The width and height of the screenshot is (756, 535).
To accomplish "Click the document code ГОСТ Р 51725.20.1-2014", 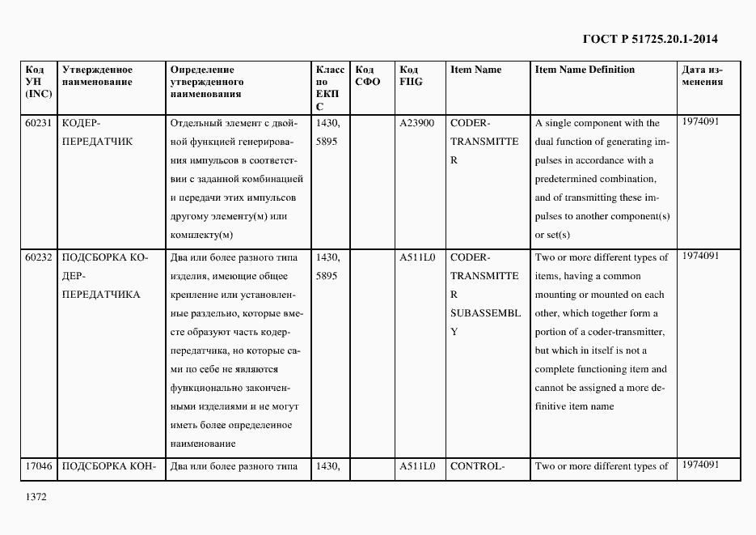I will (x=649, y=38).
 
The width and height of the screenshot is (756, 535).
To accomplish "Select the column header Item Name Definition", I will (x=585, y=70).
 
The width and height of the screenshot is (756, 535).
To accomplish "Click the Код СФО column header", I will (x=367, y=75).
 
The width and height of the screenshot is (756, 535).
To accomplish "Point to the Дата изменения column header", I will (x=702, y=75).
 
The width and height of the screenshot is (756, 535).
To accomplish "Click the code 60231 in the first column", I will (x=39, y=123).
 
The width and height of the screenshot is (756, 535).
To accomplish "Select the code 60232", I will (x=39, y=257).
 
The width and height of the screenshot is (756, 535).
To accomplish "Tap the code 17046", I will (x=39, y=466).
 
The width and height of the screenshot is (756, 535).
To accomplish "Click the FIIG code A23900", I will (x=416, y=123).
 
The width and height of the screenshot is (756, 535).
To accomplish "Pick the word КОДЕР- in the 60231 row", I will (x=80, y=123).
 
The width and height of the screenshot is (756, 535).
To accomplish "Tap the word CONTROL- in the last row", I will (x=477, y=466).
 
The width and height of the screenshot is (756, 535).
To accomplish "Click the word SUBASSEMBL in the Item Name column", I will (x=485, y=313).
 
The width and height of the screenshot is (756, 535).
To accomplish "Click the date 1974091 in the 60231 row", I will (x=700, y=121).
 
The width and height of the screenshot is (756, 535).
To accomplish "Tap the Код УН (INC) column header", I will (x=39, y=82).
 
